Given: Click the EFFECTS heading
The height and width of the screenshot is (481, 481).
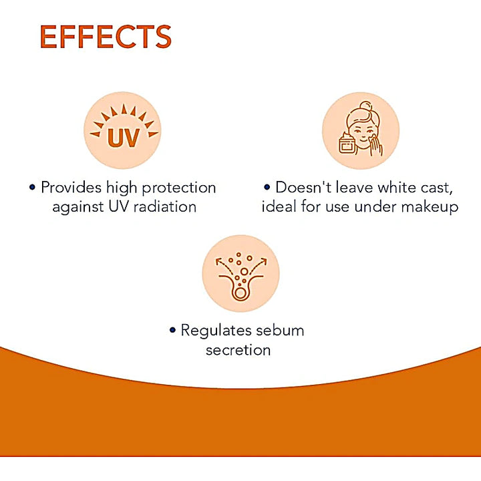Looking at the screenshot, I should click(106, 37).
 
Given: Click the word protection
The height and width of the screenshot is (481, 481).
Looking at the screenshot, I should click(177, 188).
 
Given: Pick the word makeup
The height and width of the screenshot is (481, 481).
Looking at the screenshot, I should click(430, 206).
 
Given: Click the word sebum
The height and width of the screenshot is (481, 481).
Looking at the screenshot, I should click(281, 330).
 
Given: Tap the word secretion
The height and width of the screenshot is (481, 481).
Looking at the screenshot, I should click(238, 349).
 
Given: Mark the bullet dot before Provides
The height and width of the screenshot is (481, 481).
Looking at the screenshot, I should click(32, 188).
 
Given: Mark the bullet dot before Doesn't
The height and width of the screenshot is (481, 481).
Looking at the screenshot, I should click(267, 188).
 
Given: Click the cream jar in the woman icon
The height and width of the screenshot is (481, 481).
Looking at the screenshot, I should click(347, 144).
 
